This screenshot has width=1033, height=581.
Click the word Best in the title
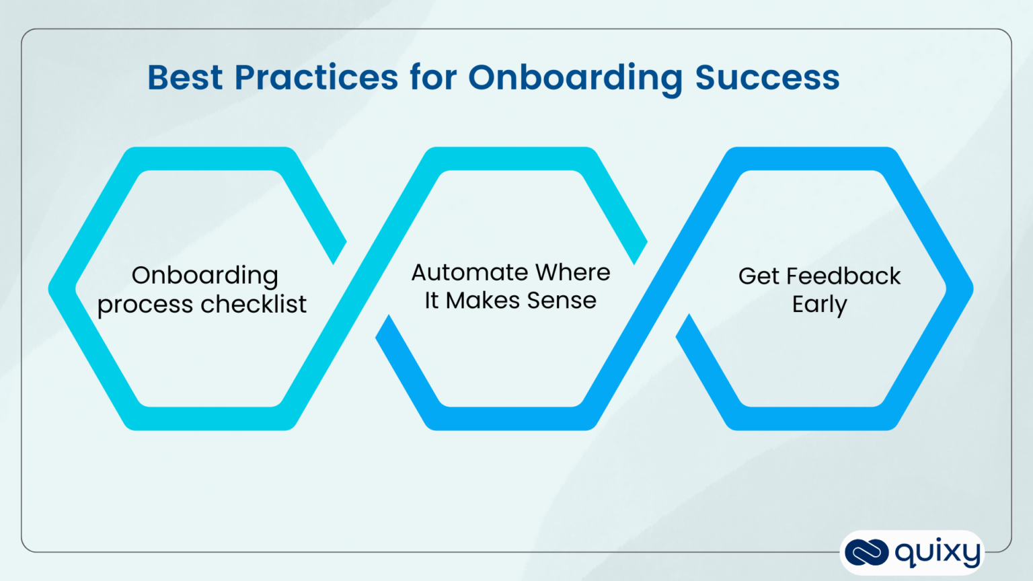tap(184, 77)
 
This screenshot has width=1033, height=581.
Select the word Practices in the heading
tap(316, 77)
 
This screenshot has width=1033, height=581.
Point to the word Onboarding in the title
tap(575, 79)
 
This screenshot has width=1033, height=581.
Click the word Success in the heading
tap(767, 77)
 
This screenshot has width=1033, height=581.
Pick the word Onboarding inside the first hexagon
tap(204, 276)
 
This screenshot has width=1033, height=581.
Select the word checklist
tap(254, 304)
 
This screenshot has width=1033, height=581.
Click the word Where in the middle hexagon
tap(573, 272)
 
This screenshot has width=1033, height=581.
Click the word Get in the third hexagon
tap(758, 276)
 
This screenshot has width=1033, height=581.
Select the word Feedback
tap(843, 276)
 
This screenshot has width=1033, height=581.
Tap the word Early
tap(819, 305)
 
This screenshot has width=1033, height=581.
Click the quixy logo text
tap(938, 553)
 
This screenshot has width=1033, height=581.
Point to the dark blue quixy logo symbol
tap(866, 553)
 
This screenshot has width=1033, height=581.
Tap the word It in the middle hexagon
tap(431, 301)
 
